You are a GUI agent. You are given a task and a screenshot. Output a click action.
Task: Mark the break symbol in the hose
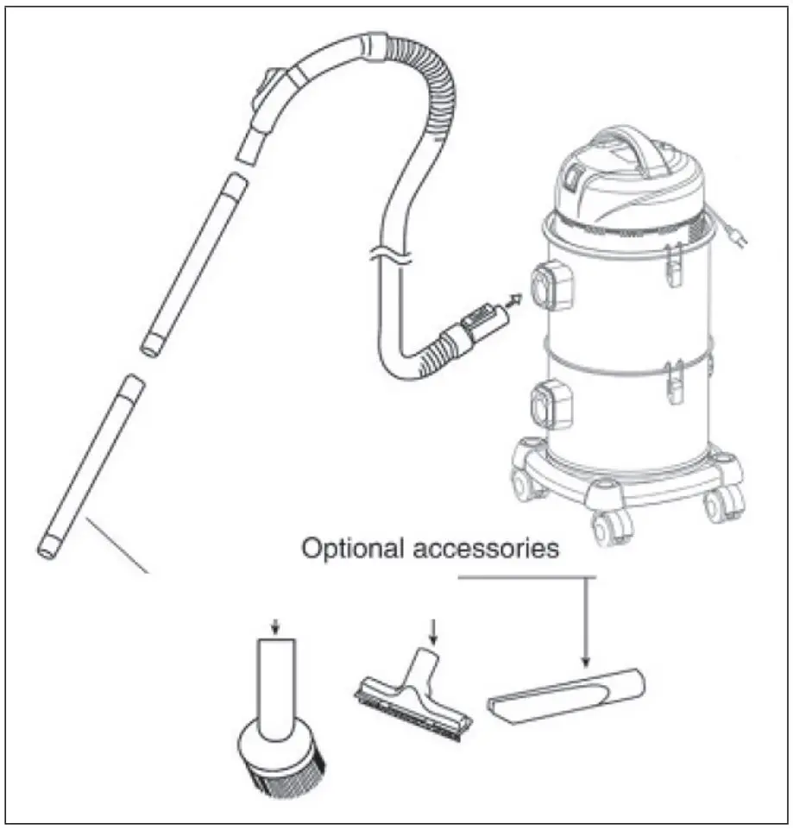[386, 255]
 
